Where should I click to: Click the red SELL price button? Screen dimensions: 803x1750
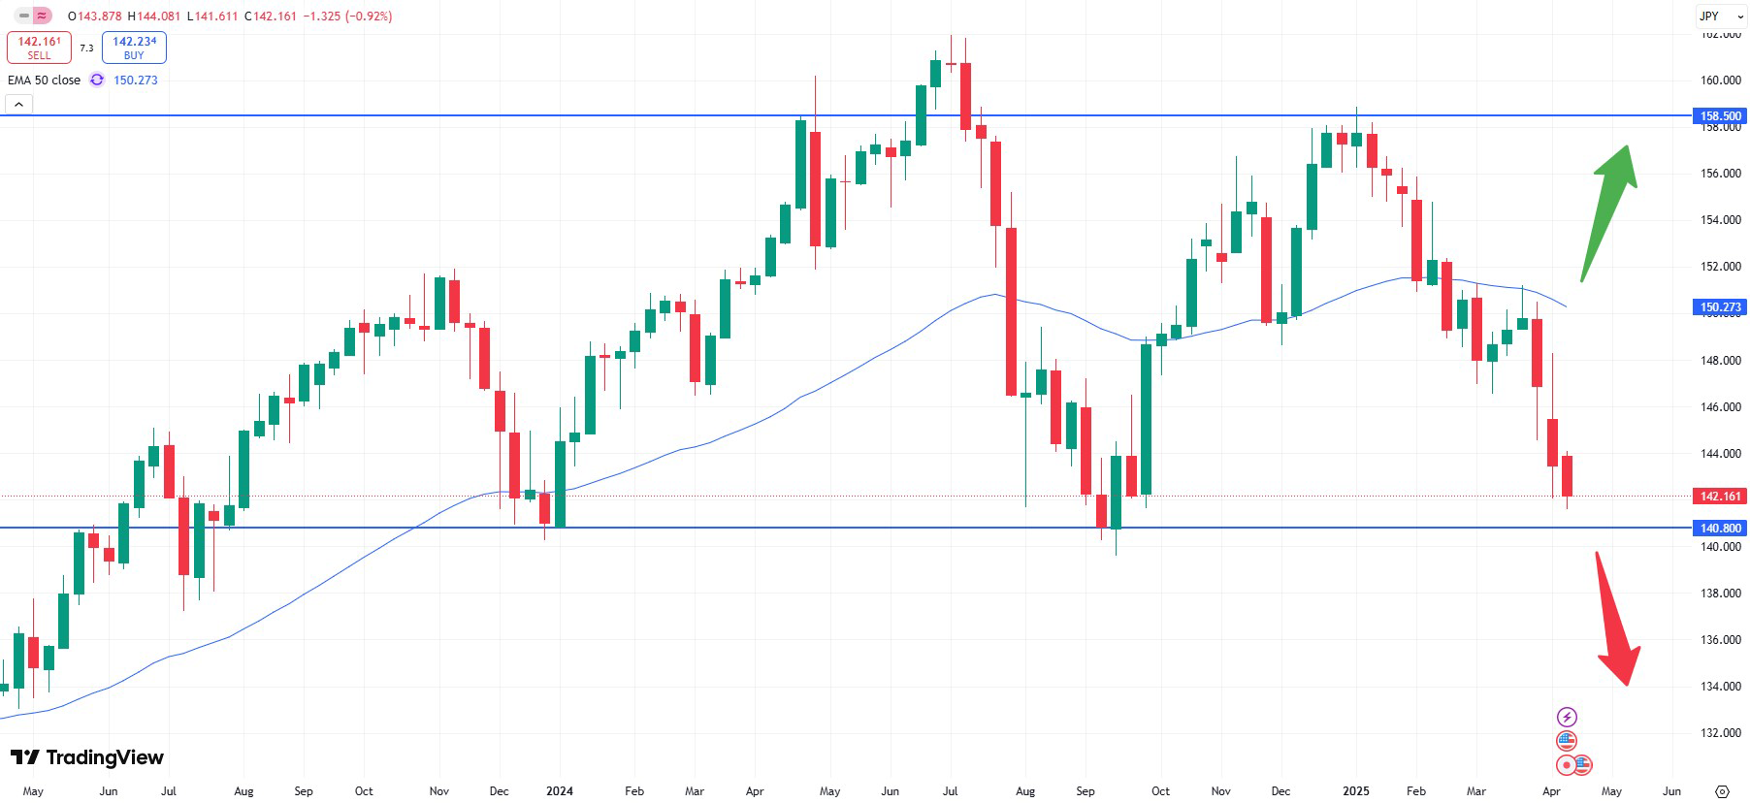point(39,48)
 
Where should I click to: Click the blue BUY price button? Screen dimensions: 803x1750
point(134,48)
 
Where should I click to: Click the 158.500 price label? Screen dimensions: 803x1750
point(1720,116)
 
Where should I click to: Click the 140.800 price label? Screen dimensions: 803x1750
point(1720,529)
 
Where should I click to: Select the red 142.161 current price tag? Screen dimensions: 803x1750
point(1720,497)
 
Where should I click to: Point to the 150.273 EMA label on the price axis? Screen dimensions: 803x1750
point(1720,307)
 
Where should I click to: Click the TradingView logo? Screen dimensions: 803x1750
point(87,757)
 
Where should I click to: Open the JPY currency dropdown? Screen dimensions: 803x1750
point(1720,16)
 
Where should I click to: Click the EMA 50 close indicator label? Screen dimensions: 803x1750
point(44,80)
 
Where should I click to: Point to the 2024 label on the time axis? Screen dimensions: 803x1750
point(560,791)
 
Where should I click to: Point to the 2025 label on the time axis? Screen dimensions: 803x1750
point(1355,791)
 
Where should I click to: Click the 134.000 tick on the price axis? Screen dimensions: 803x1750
point(1721,687)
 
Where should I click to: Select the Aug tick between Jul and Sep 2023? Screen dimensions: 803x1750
point(243,791)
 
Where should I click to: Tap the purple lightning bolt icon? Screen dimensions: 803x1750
point(1567,718)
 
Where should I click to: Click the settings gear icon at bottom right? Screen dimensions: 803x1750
point(1722,791)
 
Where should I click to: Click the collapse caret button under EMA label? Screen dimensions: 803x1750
point(18,104)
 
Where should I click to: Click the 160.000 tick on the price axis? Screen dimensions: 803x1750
point(1721,80)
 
